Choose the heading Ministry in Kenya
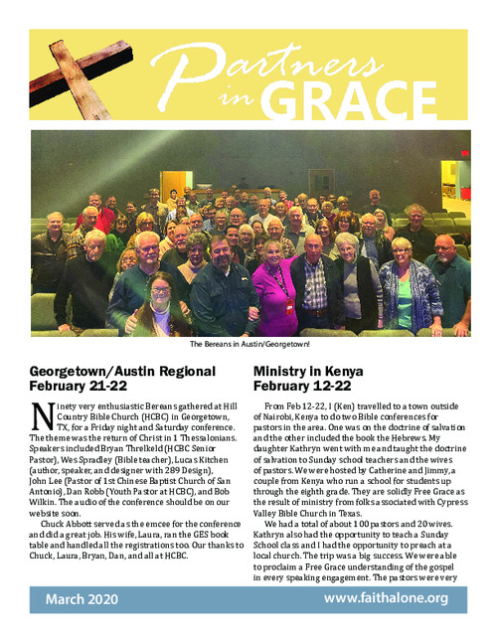point(305,370)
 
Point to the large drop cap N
point(41,416)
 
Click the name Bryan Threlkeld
point(140,447)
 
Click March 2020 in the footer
point(83,599)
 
